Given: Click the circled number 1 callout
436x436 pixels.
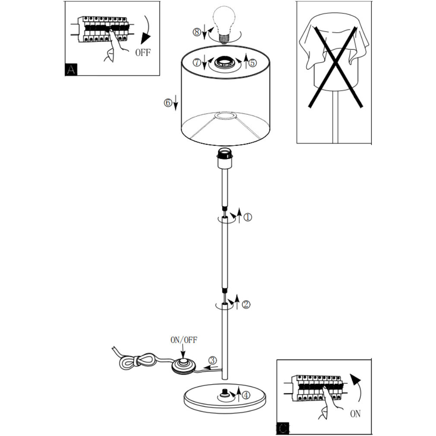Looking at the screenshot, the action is [x=248, y=217].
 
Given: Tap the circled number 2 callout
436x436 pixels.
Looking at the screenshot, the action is [x=246, y=304].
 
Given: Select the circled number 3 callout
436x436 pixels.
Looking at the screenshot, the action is [x=212, y=360].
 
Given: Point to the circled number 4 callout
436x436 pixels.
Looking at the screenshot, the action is [x=246, y=395].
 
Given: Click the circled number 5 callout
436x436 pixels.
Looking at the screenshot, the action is [x=252, y=63].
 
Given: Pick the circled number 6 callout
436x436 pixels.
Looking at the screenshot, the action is [x=168, y=103].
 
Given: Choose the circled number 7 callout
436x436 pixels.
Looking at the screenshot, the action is [x=197, y=62].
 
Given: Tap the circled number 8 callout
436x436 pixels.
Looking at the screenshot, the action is [x=197, y=32].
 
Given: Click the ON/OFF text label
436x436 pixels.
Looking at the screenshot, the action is [x=184, y=340].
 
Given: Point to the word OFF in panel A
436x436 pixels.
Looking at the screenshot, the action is [x=143, y=52].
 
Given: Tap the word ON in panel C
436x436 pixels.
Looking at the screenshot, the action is [x=355, y=414].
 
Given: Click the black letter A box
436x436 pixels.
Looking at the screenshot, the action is [x=71, y=70].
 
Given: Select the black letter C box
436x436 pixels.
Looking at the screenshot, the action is [x=283, y=428].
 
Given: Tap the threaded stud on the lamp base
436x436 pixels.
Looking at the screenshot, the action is [x=224, y=393].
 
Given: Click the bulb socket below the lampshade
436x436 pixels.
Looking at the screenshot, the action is [x=224, y=158].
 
